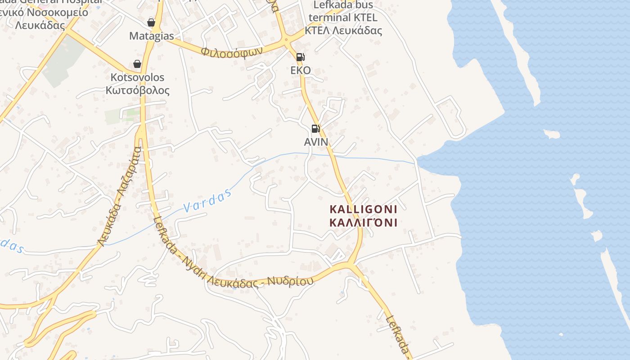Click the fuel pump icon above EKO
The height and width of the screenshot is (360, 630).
tap(300, 57)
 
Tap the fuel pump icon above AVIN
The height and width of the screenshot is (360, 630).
tap(315, 129)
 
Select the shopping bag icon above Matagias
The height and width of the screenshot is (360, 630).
tap(151, 22)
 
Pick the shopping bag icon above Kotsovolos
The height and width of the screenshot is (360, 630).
tap(137, 64)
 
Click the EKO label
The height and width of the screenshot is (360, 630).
tap(301, 71)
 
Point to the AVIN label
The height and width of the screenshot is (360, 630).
tap(316, 142)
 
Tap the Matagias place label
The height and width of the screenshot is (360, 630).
tap(152, 36)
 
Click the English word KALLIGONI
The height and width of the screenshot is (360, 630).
tap(364, 209)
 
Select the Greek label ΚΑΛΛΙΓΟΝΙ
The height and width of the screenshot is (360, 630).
tap(364, 222)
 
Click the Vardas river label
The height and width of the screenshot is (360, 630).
tap(207, 201)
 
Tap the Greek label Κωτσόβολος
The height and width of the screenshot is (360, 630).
tap(138, 90)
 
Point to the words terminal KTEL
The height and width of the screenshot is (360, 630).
tap(342, 18)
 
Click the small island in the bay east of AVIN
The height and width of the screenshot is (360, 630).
tap(551, 134)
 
